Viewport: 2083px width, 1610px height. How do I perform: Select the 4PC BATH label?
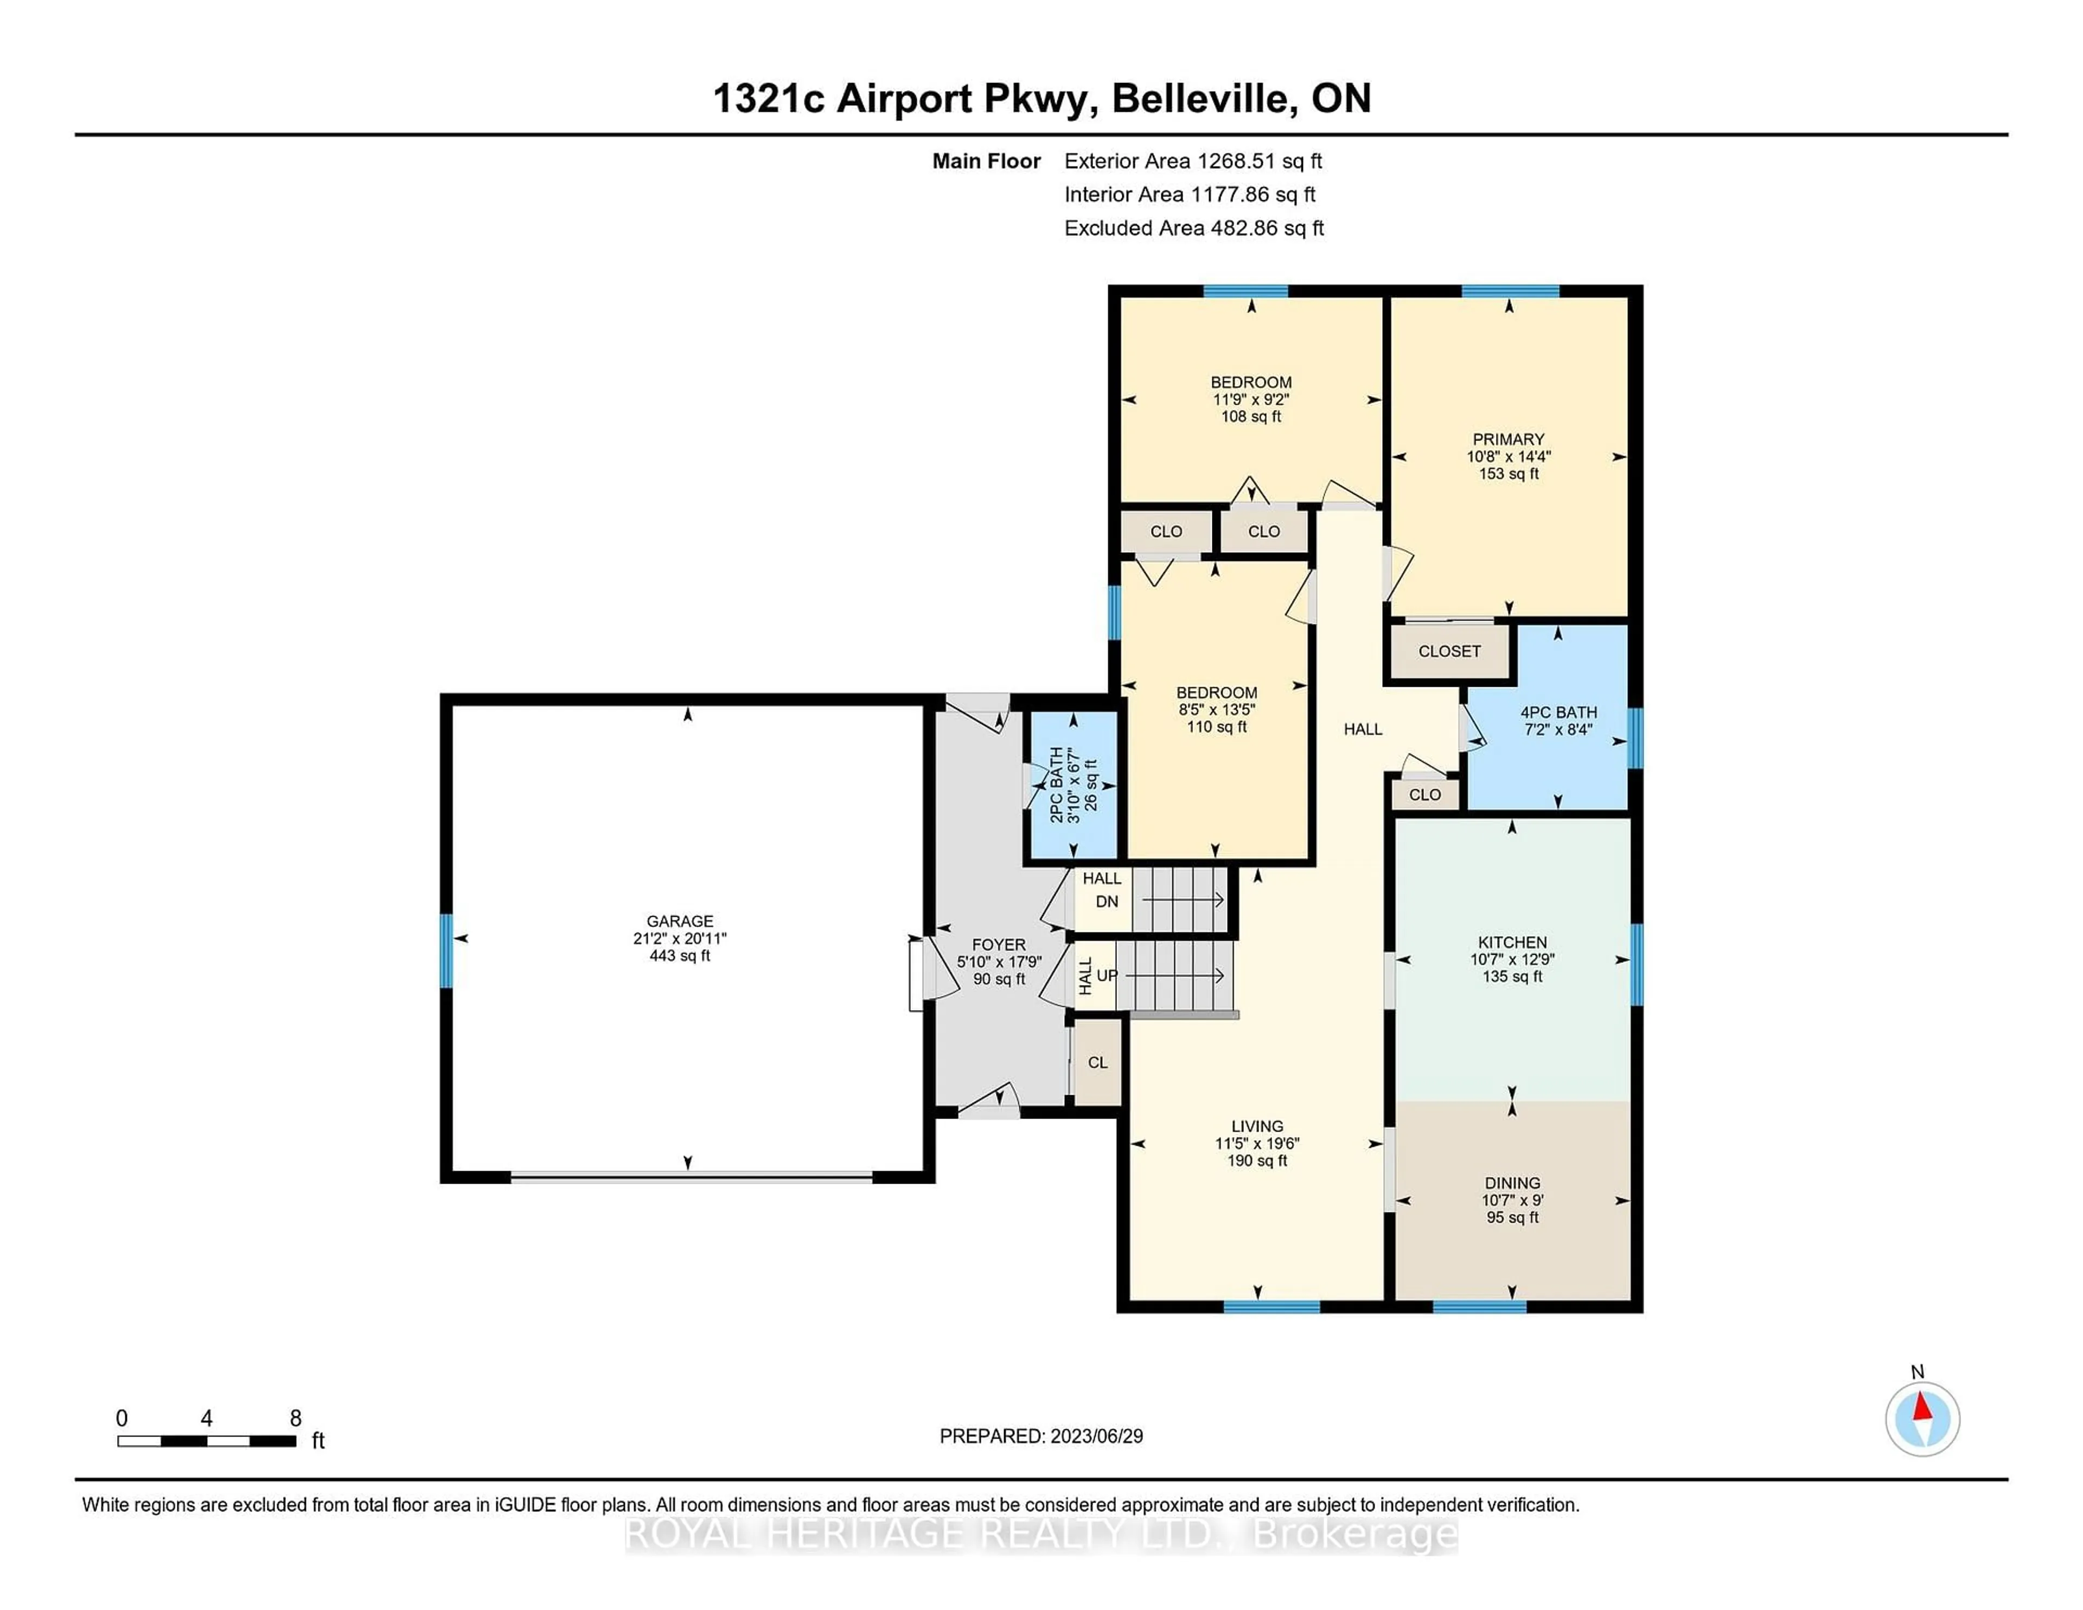[x=1557, y=712]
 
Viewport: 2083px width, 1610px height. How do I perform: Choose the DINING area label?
[x=1512, y=1183]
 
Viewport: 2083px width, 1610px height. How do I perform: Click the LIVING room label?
[x=1256, y=1127]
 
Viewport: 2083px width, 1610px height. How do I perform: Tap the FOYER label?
[x=999, y=945]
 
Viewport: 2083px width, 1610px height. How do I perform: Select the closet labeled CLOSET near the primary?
[x=1449, y=651]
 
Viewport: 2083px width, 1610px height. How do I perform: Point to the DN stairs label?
[x=1107, y=902]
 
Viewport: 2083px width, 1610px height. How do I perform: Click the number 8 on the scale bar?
[x=296, y=1419]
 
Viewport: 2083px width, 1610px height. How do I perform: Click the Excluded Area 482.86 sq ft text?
[x=1193, y=228]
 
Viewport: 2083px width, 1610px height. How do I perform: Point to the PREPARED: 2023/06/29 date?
[x=1040, y=1436]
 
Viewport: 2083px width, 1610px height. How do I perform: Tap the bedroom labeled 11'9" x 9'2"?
[x=1250, y=400]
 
